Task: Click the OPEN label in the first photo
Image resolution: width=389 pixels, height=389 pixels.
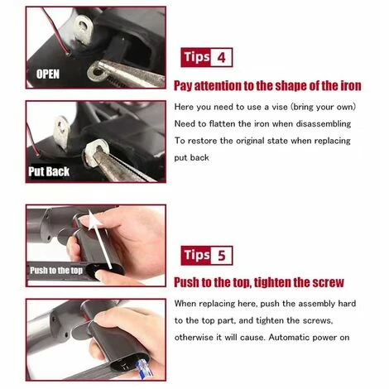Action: pos(48,74)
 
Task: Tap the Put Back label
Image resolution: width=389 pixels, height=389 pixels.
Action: pos(49,171)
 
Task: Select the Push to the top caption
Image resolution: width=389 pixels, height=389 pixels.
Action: pos(56,271)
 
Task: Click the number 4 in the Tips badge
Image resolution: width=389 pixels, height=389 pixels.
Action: pos(222,58)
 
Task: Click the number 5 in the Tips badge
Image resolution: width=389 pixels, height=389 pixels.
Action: pos(222,256)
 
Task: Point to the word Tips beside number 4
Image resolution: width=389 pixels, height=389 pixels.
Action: pos(197,57)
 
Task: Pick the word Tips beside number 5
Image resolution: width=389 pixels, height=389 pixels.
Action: pos(197,255)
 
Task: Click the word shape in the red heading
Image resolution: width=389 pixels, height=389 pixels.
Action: pos(291,86)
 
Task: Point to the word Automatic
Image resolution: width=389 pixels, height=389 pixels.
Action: pos(291,338)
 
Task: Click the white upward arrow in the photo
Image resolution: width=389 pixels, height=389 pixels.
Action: pos(100,238)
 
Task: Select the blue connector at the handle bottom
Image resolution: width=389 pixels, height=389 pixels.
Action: pos(144,368)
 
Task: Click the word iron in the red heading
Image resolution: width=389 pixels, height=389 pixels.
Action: pos(350,86)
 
